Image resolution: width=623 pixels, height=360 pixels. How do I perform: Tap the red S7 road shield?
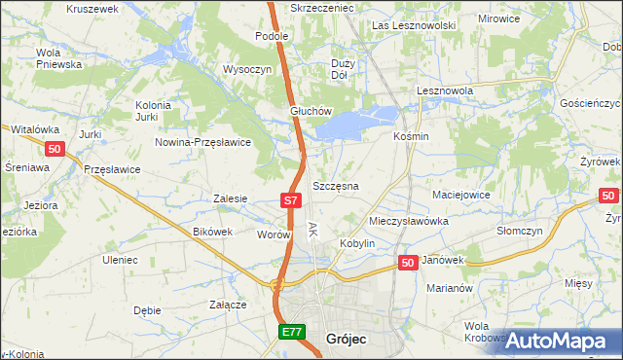click(289, 199)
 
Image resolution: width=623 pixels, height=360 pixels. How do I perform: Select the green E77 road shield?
click(291, 332)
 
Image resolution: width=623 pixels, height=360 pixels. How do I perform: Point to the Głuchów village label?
click(311, 111)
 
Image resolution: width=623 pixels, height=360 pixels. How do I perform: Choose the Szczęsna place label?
click(335, 185)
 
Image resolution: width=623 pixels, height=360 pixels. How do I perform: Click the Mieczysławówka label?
click(408, 221)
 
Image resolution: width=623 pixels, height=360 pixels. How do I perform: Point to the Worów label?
click(275, 234)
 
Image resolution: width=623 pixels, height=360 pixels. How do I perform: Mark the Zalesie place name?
click(230, 198)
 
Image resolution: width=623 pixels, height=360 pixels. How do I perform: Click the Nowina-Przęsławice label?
click(203, 141)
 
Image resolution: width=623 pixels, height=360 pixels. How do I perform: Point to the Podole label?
click(273, 36)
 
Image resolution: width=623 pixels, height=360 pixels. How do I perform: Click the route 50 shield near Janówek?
click(408, 263)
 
